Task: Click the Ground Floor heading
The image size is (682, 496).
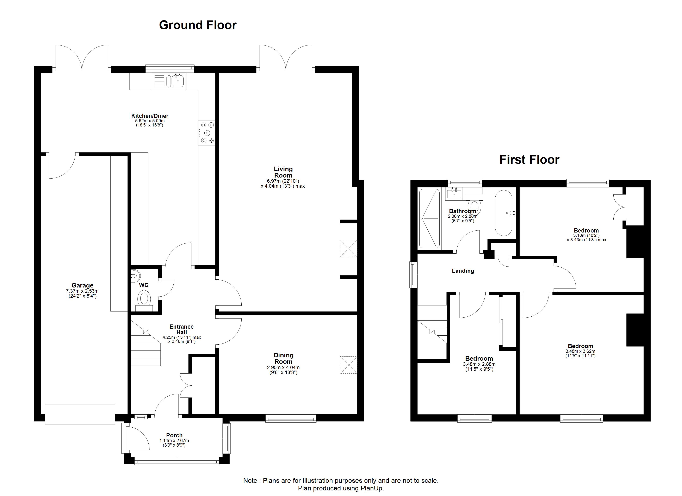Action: (198, 25)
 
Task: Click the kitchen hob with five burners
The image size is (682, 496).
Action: (207, 133)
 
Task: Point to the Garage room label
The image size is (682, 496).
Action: (82, 285)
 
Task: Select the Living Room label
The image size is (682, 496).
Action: (283, 172)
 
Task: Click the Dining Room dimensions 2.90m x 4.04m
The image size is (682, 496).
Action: (283, 368)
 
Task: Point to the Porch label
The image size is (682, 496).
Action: (174, 435)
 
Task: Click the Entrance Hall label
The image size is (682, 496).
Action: (182, 329)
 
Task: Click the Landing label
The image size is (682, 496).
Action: (463, 271)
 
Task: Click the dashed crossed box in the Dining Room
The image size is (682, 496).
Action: (348, 365)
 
